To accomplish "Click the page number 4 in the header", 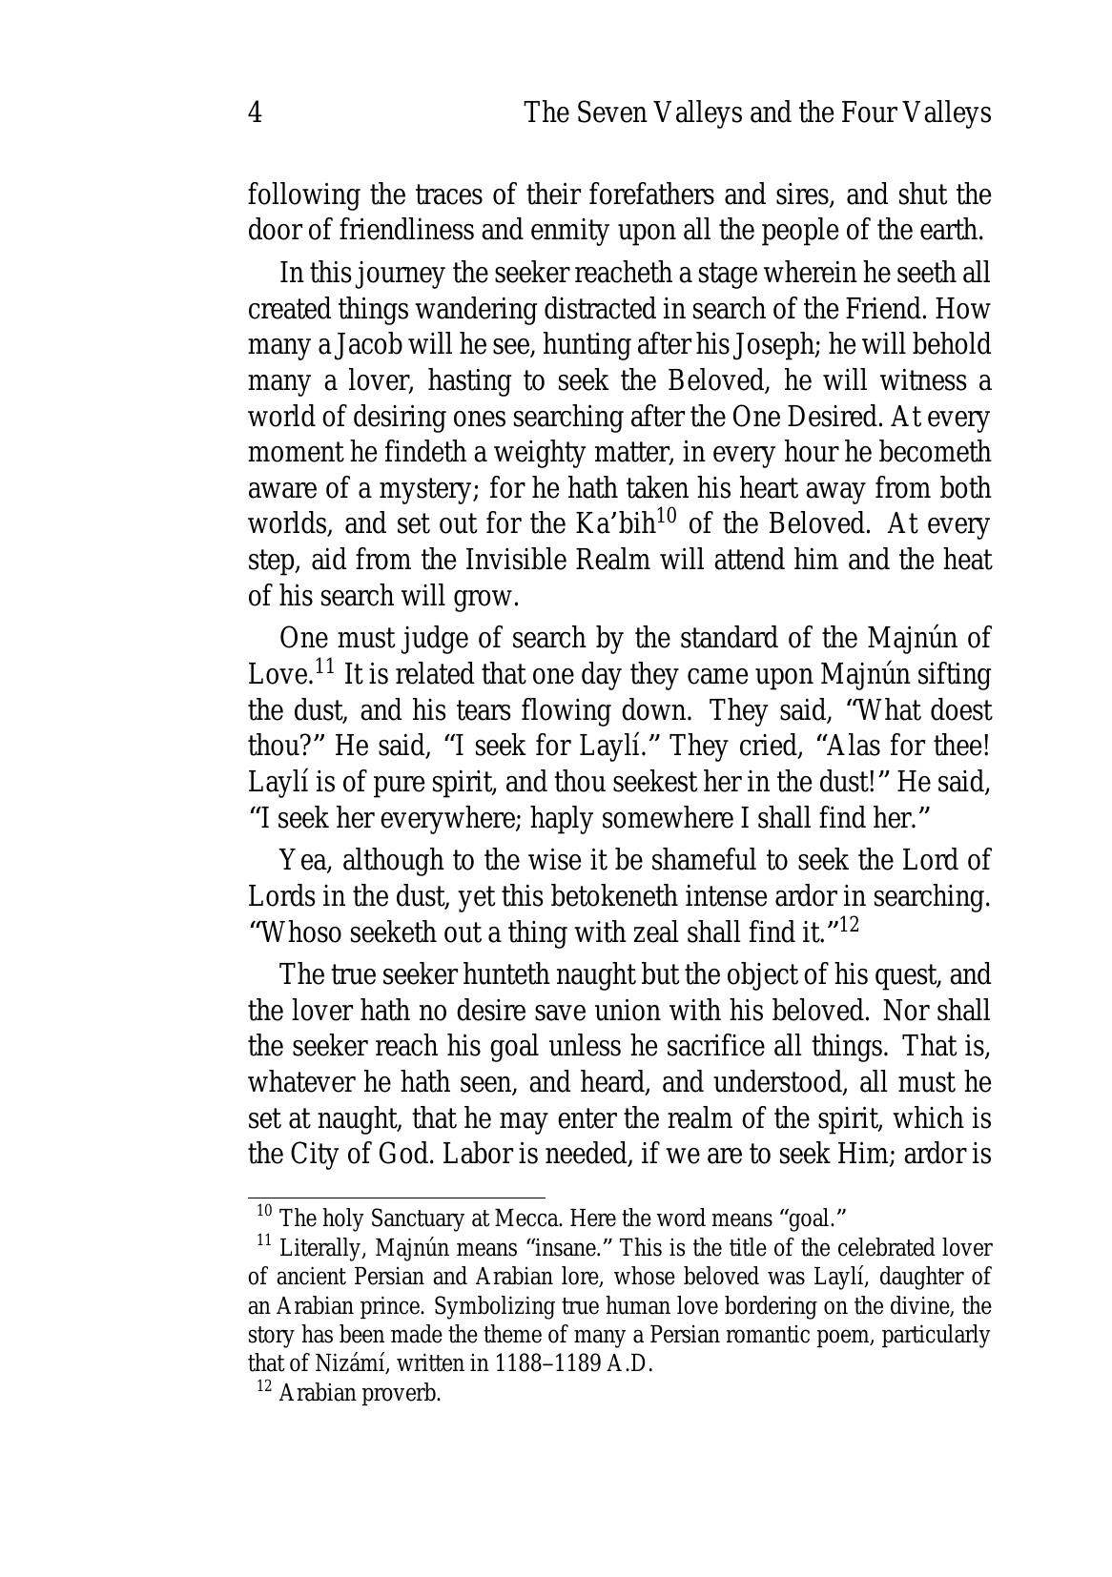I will [255, 113].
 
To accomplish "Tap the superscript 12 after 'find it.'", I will [849, 924].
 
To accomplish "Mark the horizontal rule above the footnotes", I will [396, 1197].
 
